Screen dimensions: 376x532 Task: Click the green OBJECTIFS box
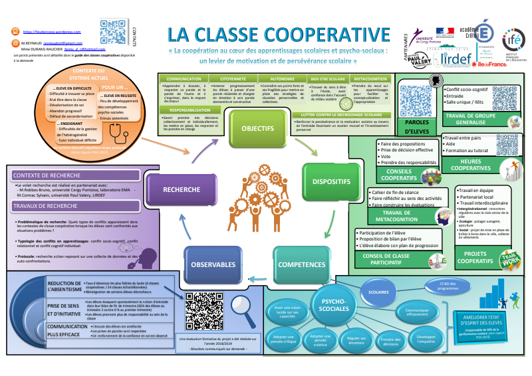pyautogui.click(x=254, y=128)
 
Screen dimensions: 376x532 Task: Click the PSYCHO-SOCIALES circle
pyautogui.click(x=327, y=304)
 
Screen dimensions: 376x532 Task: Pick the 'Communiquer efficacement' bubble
pyautogui.click(x=416, y=311)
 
